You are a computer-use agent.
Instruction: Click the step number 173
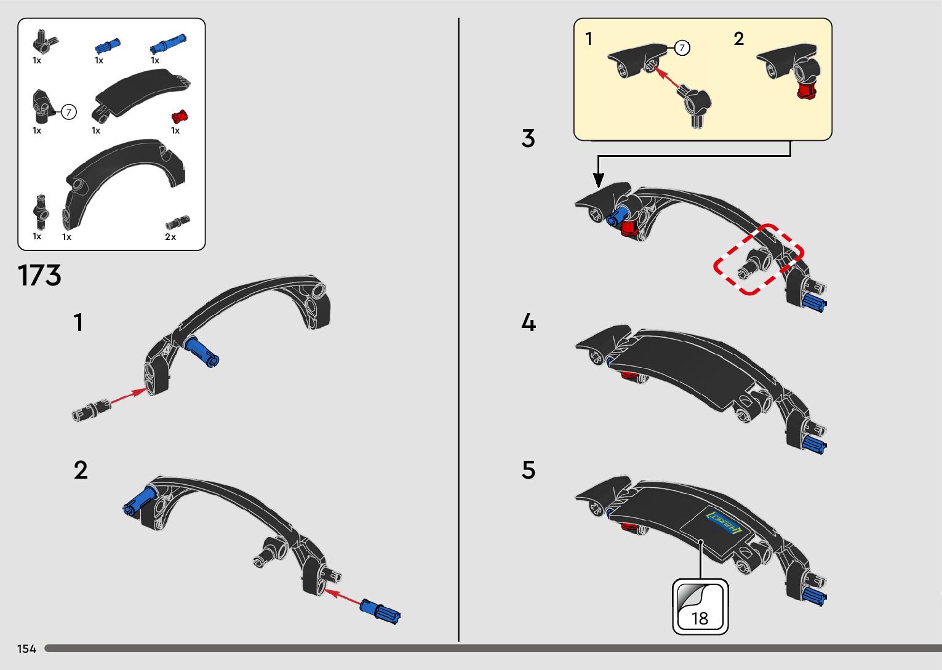tap(40, 276)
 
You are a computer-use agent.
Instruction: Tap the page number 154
tap(27, 648)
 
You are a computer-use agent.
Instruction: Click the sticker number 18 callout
tap(700, 607)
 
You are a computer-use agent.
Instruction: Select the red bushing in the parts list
tap(180, 116)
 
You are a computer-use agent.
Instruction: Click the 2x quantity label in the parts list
tap(170, 237)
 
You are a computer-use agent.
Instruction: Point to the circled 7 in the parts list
tap(69, 112)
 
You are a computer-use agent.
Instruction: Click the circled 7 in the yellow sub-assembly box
tap(682, 47)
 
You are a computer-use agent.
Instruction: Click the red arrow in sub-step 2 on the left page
tap(343, 597)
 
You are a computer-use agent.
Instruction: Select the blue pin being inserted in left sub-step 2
tap(381, 612)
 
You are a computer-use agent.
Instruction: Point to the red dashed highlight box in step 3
tap(759, 259)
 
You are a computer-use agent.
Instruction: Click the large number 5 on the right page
tap(529, 470)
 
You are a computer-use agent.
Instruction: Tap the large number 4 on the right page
tap(529, 323)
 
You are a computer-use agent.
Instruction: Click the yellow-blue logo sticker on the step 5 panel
tap(724, 523)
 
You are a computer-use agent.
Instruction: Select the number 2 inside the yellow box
tap(739, 39)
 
